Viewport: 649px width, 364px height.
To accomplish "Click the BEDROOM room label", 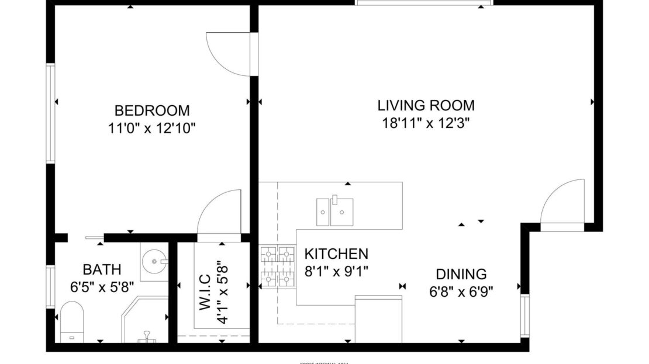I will [x=151, y=110].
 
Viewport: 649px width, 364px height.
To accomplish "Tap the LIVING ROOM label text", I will [x=426, y=106].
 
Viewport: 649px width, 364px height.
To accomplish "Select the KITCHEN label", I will [x=336, y=254].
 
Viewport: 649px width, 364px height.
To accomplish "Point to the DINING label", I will [x=461, y=274].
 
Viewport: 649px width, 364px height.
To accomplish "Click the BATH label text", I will [x=102, y=269].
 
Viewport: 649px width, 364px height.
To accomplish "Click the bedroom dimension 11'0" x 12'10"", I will [x=151, y=127].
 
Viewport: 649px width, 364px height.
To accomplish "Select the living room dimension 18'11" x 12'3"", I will [x=426, y=123].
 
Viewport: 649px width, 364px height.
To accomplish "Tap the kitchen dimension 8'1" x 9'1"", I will [x=336, y=271].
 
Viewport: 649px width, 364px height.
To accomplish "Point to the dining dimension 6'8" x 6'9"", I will [x=461, y=292].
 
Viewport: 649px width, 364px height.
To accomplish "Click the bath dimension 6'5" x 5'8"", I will [x=102, y=287].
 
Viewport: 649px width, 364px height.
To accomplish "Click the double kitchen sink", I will [x=334, y=212].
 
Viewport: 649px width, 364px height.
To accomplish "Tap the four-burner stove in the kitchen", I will [x=277, y=268].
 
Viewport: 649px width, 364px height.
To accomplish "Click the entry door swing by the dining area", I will [x=561, y=203].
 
